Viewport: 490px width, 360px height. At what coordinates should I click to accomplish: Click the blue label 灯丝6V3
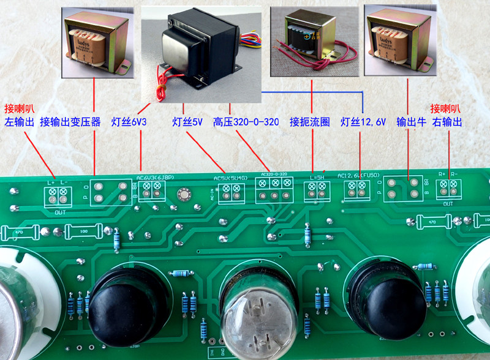coord(129,122)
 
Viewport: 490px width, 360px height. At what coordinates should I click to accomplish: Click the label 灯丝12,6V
coord(363,122)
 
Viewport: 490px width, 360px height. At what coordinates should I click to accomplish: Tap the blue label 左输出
coord(20,122)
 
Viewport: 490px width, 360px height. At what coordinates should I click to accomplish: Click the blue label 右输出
coord(447,122)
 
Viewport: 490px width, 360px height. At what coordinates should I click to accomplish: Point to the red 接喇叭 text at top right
coord(445,106)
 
